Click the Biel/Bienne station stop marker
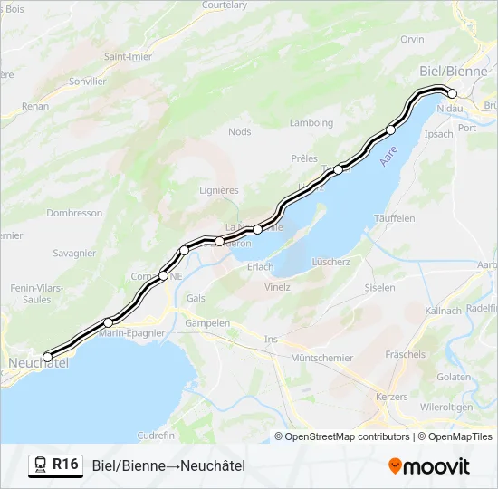pos(452,93)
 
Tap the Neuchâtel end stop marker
pos(48,357)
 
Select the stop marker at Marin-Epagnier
pos(109,322)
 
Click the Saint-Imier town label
pos(128,56)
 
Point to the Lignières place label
pos(218,190)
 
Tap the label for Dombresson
pos(74,213)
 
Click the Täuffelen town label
pos(394,218)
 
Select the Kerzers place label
pos(391,397)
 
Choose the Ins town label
pos(271,339)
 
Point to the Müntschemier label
pos(322,358)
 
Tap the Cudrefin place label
pos(156,435)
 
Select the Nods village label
pos(240,131)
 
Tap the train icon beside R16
pos(41,465)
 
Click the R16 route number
pos(65,465)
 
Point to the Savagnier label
pos(74,254)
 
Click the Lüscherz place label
pos(330,261)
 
